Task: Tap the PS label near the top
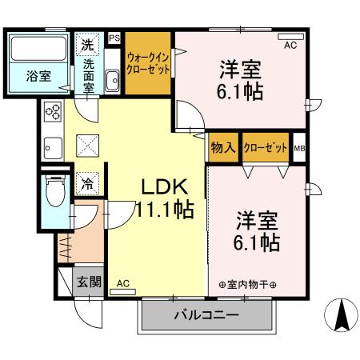pyautogui.click(x=114, y=38)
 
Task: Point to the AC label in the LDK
pyautogui.click(x=123, y=283)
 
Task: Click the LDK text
pyautogui.click(x=165, y=188)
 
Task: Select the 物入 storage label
pyautogui.click(x=223, y=147)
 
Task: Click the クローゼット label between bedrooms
pyautogui.click(x=266, y=147)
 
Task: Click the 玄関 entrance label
pyautogui.click(x=89, y=282)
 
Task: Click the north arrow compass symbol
pyautogui.click(x=341, y=314)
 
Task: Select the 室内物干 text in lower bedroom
pyautogui.click(x=247, y=285)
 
